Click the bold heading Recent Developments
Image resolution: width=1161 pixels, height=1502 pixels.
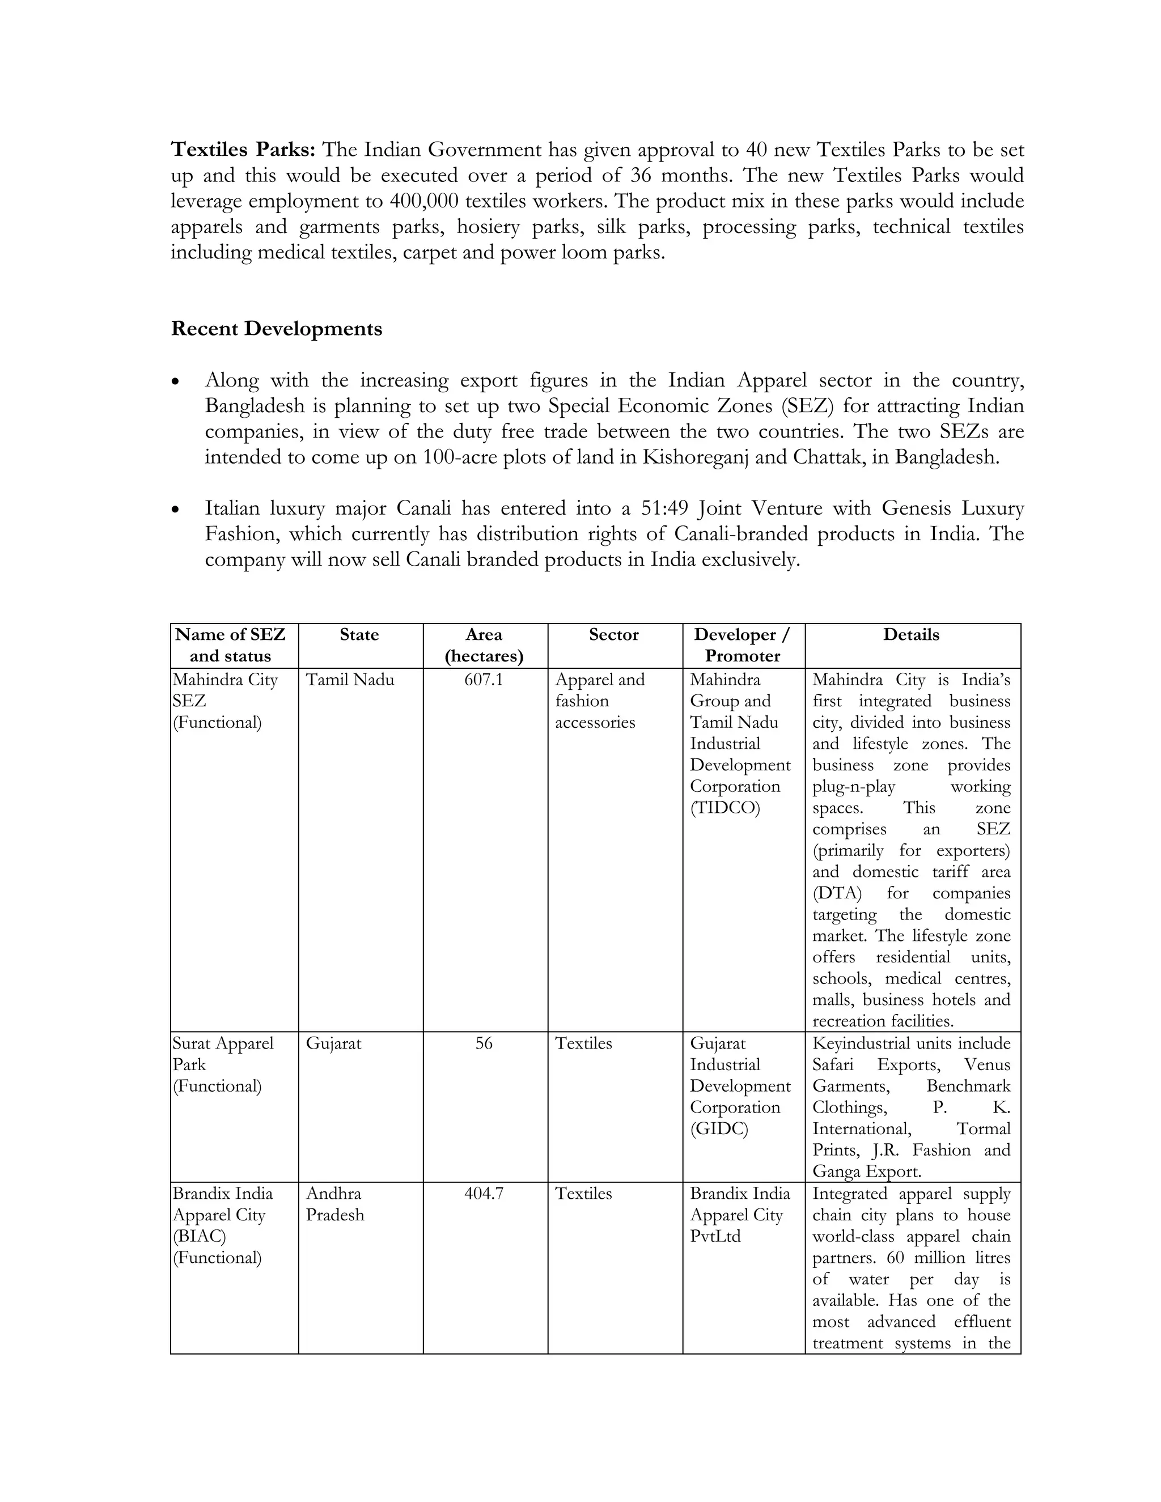tap(276, 329)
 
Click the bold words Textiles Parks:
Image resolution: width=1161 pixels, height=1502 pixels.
tap(243, 149)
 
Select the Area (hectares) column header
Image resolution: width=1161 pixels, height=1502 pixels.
tap(484, 645)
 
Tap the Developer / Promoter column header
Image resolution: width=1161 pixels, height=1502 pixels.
tap(742, 645)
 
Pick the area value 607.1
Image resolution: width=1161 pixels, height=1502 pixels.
tap(484, 680)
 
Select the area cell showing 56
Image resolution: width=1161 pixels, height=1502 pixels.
tap(484, 1043)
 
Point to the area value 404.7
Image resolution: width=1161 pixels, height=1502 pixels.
tap(484, 1193)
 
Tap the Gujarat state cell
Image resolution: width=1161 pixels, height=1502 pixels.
tap(333, 1043)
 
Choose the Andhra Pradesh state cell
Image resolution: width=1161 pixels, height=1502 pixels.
tap(335, 1203)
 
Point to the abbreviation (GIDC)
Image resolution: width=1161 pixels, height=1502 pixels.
tap(719, 1128)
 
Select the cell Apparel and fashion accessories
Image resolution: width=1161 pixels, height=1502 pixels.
tap(599, 701)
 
